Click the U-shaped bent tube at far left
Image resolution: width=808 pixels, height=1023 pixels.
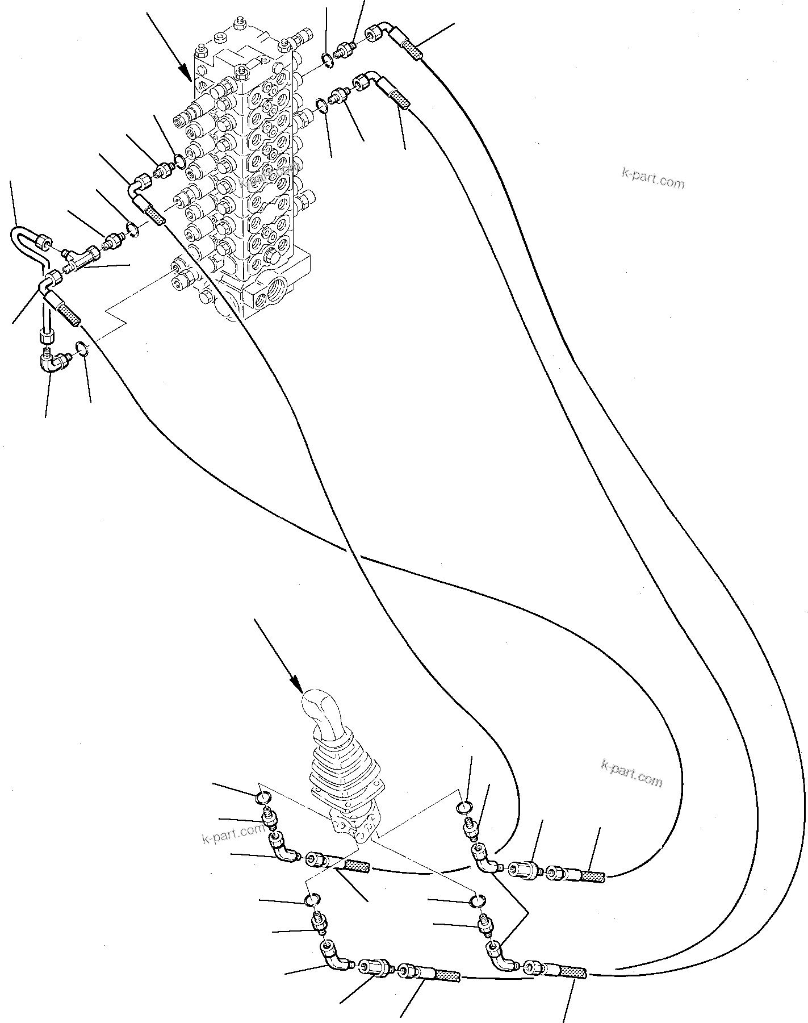pyautogui.click(x=26, y=239)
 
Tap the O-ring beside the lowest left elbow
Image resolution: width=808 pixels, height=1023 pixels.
pyautogui.click(x=82, y=348)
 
